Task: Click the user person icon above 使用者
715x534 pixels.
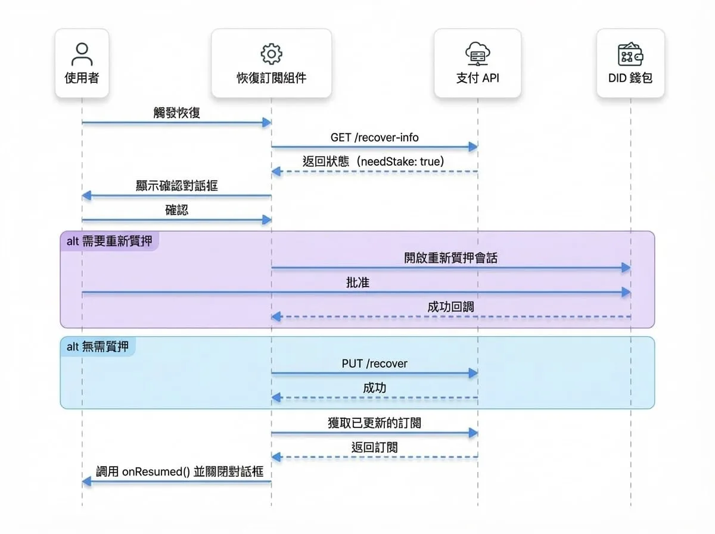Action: (82, 54)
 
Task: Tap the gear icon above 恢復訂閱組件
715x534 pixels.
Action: (271, 54)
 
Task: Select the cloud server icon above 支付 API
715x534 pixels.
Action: (477, 54)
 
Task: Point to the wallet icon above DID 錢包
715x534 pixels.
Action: (630, 54)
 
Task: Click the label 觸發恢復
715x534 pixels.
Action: (176, 113)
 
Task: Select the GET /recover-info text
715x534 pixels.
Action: (374, 138)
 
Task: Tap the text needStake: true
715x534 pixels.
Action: (400, 162)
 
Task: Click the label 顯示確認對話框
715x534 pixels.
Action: (176, 186)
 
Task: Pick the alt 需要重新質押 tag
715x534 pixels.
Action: (109, 241)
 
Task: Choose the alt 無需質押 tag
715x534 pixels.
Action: (97, 347)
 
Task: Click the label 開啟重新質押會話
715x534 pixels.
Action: (451, 258)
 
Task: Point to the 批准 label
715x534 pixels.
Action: (357, 282)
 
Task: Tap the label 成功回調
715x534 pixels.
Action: (450, 307)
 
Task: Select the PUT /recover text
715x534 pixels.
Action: (374, 364)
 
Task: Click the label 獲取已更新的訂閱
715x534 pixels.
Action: (374, 423)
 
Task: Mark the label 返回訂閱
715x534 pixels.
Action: (374, 448)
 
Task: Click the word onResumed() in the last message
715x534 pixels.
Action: (156, 472)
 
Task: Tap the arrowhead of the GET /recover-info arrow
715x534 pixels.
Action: (473, 147)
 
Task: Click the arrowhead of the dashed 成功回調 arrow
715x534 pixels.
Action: (276, 316)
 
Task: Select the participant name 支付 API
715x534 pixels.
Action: (477, 78)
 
